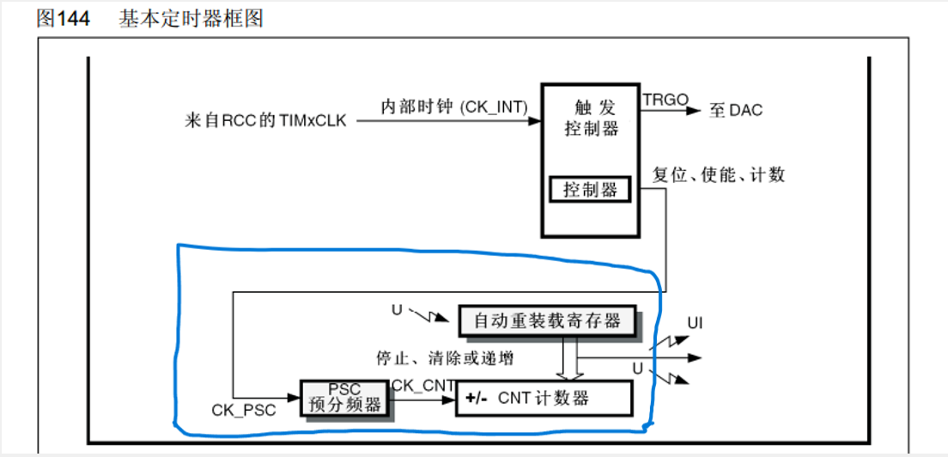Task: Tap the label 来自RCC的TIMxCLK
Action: [x=265, y=120]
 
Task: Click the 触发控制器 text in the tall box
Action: [x=592, y=119]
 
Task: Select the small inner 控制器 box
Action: [x=591, y=190]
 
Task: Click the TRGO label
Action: [x=665, y=100]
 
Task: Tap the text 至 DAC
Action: [x=736, y=110]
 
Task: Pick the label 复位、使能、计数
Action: [x=719, y=175]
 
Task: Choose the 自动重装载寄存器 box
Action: [x=548, y=321]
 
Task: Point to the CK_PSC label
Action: [x=244, y=411]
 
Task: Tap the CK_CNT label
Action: [x=422, y=386]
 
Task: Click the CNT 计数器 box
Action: [x=543, y=399]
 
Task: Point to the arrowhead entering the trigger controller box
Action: [x=533, y=120]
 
